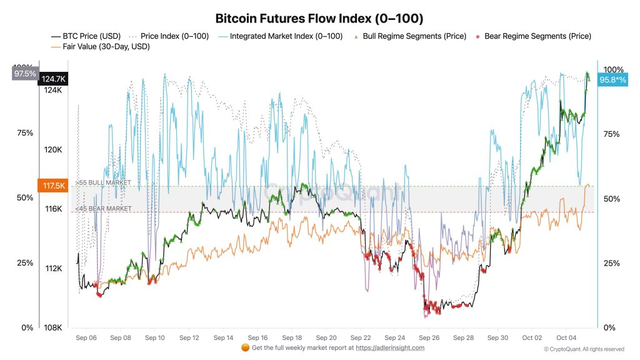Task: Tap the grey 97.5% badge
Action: (25, 74)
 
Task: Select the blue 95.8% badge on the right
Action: (612, 80)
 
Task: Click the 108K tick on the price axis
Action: (52, 327)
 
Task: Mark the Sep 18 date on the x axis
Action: (292, 337)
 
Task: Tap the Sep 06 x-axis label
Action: (86, 337)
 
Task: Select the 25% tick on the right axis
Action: (612, 263)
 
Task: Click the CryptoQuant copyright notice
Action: (584, 349)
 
